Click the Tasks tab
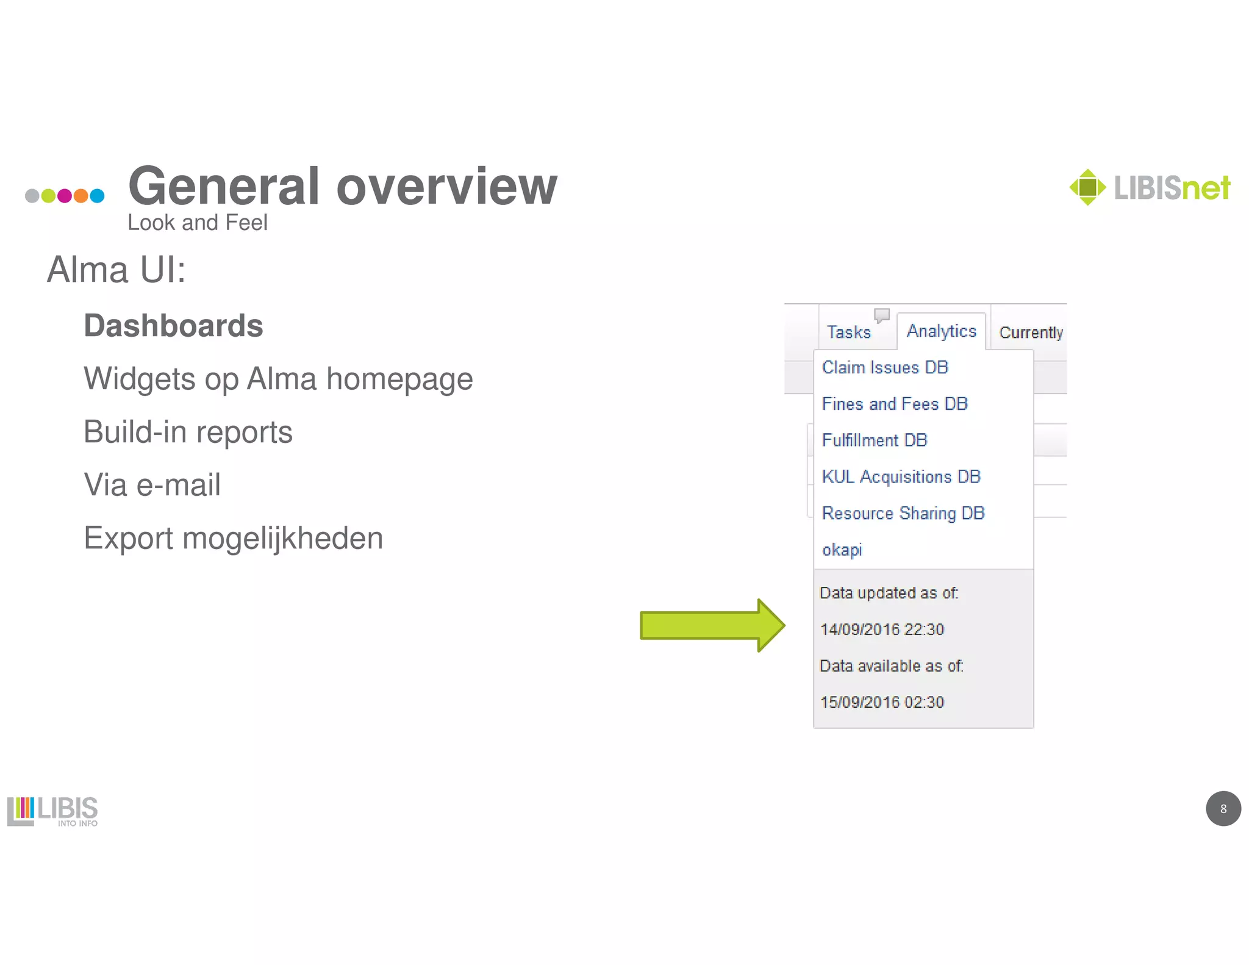pyautogui.click(x=848, y=332)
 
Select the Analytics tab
pyautogui.click(x=941, y=331)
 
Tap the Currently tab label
pyautogui.click(x=1031, y=332)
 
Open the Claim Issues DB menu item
pyautogui.click(x=885, y=367)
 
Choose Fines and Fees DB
pyautogui.click(x=895, y=404)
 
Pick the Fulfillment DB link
pyautogui.click(x=875, y=440)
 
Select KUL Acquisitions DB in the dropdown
pyautogui.click(x=901, y=476)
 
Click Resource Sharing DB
pyautogui.click(x=903, y=513)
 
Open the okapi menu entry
pyautogui.click(x=842, y=550)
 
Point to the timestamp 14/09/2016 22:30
pyautogui.click(x=882, y=630)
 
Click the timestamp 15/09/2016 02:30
pyautogui.click(x=882, y=702)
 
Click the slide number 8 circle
pyautogui.click(x=1223, y=809)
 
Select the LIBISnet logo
pyautogui.click(x=1150, y=187)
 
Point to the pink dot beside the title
pyautogui.click(x=64, y=196)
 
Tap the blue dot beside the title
pyautogui.click(x=97, y=196)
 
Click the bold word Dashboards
pyautogui.click(x=173, y=326)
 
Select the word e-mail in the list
pyautogui.click(x=178, y=485)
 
